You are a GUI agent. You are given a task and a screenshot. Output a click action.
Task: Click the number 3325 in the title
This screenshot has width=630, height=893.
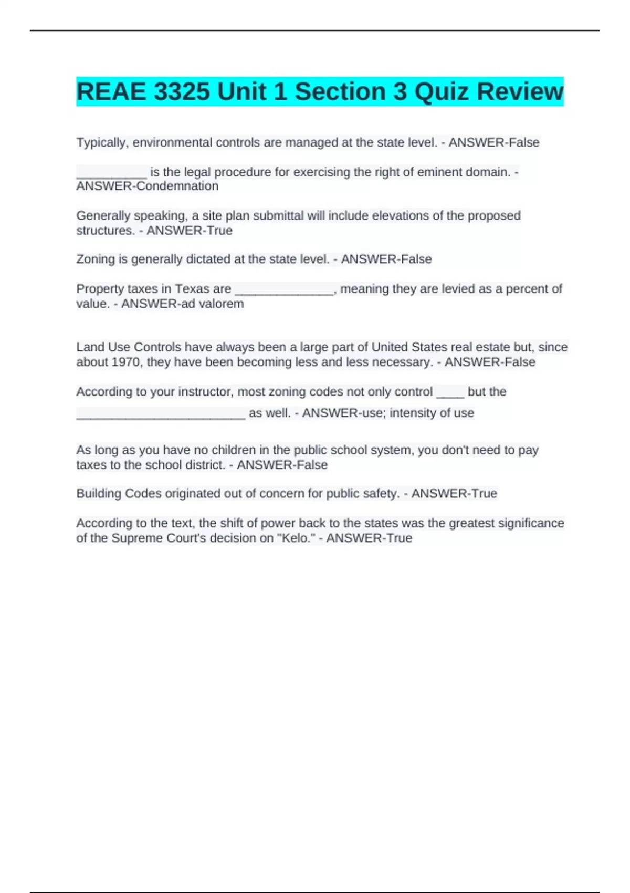click(x=182, y=91)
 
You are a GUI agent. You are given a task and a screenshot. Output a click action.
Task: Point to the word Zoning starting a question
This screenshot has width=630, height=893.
click(x=94, y=259)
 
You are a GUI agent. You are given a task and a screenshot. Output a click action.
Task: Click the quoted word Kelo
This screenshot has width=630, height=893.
click(x=299, y=538)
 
